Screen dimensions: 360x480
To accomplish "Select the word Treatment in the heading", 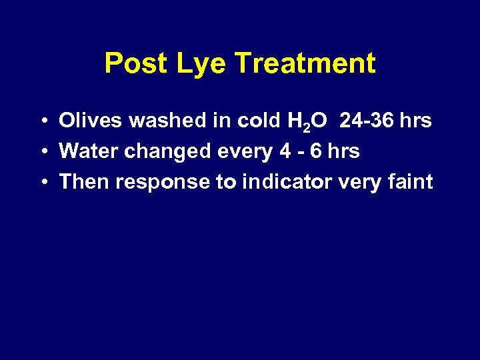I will click(305, 64).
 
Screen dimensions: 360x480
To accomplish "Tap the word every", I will click(244, 152).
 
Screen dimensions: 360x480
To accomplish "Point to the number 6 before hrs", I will click(314, 151).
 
